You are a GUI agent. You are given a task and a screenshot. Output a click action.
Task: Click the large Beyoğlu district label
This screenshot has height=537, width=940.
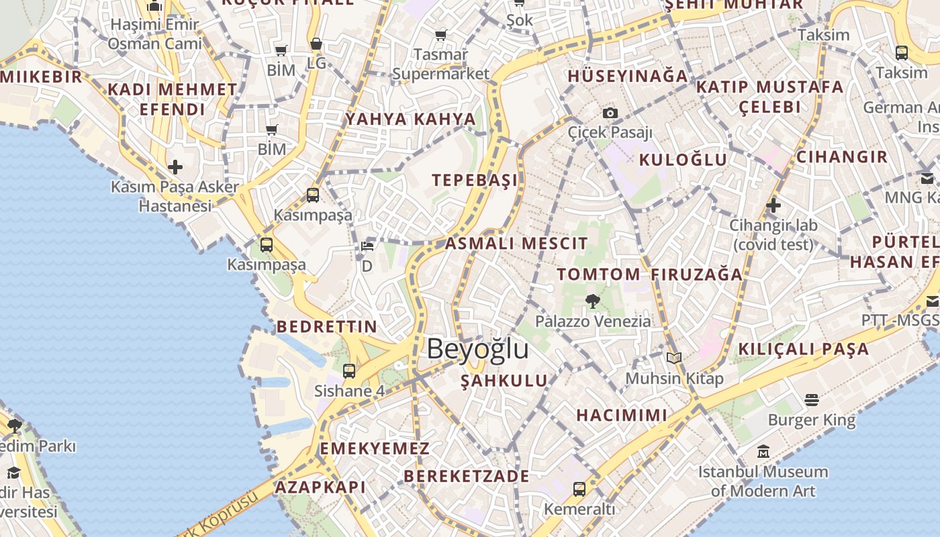coord(477,349)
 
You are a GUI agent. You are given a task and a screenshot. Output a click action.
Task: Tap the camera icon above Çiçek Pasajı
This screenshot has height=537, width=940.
coord(610,113)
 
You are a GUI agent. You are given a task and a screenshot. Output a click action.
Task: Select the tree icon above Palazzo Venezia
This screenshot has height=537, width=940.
coord(592,301)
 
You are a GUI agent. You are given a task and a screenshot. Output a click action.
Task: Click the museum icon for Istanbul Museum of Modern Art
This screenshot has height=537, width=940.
coord(763,451)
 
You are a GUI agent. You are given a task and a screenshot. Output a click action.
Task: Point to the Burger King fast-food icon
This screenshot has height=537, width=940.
coord(811,400)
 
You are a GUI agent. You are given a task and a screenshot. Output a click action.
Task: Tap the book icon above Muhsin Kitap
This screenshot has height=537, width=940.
coord(674,358)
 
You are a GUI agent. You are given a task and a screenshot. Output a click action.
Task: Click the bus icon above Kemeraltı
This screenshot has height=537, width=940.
coord(579,489)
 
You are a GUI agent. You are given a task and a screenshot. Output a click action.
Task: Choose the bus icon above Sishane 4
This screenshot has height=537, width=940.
coord(348,371)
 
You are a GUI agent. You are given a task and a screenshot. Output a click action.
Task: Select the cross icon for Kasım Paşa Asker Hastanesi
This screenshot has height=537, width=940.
coord(175,166)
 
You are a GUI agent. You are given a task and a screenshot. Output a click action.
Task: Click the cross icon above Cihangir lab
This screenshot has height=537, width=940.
coord(773,205)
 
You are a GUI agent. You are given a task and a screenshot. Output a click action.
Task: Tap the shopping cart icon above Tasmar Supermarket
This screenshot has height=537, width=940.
coord(440,35)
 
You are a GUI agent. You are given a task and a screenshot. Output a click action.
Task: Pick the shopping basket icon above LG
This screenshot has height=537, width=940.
coord(316,44)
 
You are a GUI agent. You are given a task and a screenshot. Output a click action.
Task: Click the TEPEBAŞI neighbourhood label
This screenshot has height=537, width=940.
coord(475,180)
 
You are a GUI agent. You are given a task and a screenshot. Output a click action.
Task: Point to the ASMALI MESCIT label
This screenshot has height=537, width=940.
coord(516,244)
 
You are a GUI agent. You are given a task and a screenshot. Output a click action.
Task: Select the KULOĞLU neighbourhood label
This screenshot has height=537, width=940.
coord(683,160)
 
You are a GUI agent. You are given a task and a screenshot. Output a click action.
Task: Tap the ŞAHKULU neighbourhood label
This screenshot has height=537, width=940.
coord(504,381)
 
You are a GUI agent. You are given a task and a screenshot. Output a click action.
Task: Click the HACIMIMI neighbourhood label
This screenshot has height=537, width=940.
coord(622,415)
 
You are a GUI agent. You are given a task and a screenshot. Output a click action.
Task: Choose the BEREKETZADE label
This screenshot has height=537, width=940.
coord(466,476)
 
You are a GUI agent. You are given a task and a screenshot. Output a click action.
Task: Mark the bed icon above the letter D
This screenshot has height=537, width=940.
coord(367,246)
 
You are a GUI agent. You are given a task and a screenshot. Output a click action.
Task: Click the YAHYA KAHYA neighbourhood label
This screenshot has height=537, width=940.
coord(410,119)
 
